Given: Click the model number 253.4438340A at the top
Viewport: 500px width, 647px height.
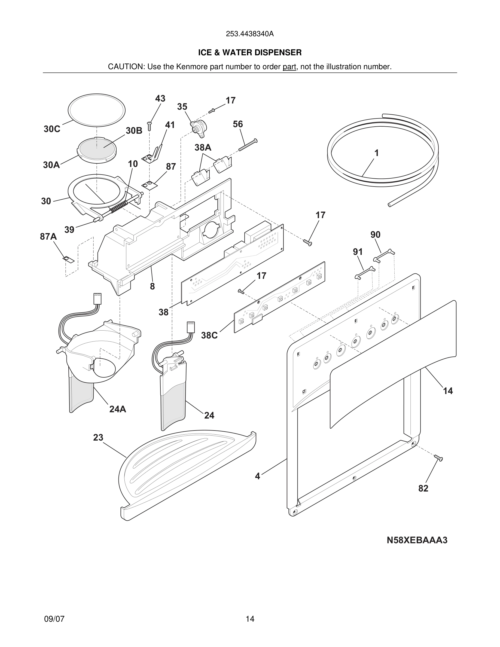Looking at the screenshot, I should tap(250, 34).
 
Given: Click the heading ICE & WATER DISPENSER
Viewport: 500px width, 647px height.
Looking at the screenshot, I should tap(250, 53).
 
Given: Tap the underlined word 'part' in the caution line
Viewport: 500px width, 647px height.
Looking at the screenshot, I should tap(289, 67).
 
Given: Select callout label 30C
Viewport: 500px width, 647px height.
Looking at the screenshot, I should tap(52, 129).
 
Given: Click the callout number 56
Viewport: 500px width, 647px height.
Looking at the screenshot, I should tap(237, 124).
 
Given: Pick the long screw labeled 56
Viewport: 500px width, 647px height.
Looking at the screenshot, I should tap(248, 145).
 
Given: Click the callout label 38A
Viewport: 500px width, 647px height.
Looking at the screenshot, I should tap(203, 148).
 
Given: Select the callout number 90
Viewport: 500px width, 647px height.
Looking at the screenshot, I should tap(375, 235).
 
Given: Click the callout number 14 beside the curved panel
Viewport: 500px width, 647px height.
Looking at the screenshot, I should tap(447, 391).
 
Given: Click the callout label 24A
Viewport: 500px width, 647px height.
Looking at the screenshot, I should tap(118, 409).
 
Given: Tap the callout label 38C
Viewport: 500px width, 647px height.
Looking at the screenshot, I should tap(209, 335).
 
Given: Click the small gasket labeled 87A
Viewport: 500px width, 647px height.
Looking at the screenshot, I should tap(69, 260).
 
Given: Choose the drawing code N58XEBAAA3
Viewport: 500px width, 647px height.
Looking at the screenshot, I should tap(417, 540).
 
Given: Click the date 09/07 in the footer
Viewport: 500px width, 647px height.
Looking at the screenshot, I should tap(54, 619).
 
